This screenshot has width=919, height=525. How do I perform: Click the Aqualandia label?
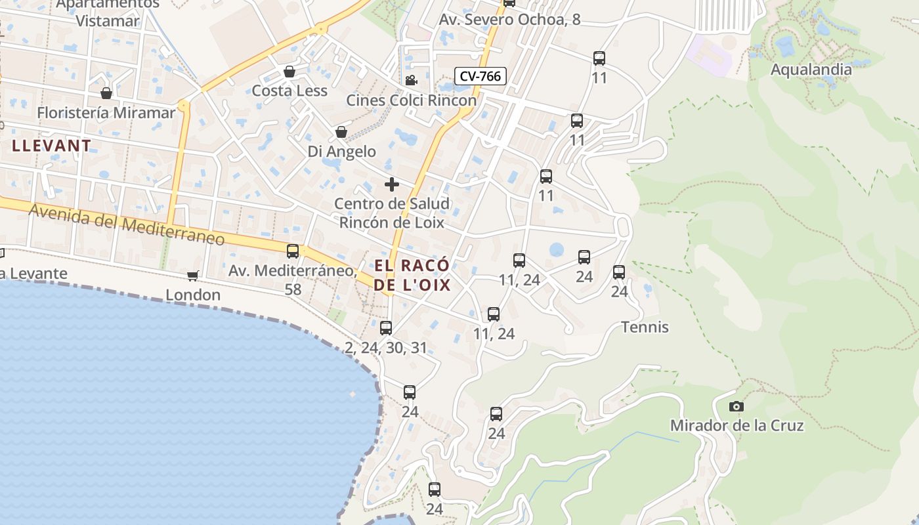point(811,70)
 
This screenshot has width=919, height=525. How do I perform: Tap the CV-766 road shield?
point(480,76)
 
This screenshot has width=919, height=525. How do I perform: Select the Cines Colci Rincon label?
point(411,100)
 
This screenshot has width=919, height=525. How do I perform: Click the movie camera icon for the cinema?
point(411,81)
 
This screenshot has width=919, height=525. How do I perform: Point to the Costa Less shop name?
point(289,91)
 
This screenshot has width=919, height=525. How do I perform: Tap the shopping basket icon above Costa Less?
point(289,72)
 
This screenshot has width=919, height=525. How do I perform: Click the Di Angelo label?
point(342,152)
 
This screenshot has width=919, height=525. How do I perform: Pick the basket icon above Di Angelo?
point(341,133)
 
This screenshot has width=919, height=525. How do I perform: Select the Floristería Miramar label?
point(106,113)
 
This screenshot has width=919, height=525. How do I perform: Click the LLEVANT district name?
point(51,146)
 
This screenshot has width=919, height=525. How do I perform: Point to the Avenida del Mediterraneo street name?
point(127,224)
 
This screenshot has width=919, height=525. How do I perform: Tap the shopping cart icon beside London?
point(192,276)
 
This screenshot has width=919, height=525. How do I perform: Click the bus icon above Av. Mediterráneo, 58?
point(293,251)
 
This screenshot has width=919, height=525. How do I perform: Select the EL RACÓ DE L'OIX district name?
point(412,275)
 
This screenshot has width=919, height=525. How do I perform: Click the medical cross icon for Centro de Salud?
point(392,184)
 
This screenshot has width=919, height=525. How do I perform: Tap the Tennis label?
point(645,327)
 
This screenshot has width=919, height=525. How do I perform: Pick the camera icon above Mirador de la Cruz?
point(737,407)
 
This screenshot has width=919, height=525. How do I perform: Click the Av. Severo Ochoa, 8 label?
point(509,20)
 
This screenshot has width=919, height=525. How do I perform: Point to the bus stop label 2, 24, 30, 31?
point(386,348)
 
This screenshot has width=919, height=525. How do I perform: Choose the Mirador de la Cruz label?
point(737,425)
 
